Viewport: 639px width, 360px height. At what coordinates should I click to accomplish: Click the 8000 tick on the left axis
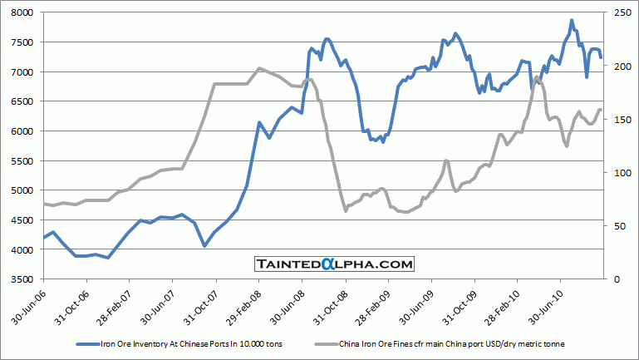[20, 13]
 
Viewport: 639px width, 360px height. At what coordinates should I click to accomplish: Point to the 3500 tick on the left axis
[20, 279]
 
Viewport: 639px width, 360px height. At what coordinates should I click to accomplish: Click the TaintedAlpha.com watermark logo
[334, 264]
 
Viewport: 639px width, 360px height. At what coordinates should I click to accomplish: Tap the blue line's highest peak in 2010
[572, 20]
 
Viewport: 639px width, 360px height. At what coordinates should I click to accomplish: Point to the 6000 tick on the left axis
[20, 131]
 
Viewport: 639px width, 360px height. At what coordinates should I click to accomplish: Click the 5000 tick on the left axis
[20, 190]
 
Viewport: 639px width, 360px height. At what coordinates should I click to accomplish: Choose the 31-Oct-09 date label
[463, 305]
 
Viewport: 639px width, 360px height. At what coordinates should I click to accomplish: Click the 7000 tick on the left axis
[20, 72]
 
